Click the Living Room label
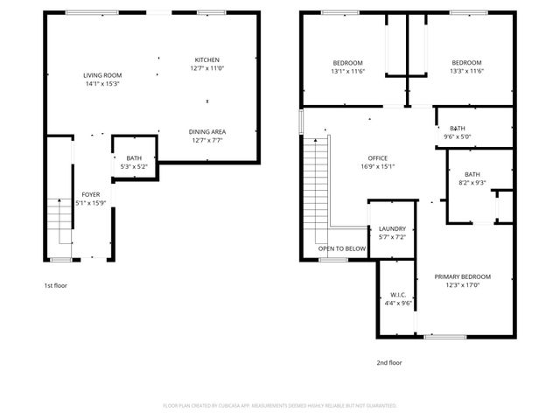[102, 75]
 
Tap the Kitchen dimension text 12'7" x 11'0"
[207, 68]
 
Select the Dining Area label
[207, 132]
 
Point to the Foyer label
[91, 194]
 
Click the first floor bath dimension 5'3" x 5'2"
[134, 166]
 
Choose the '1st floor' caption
[56, 285]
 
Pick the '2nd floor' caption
[389, 362]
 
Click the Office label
[378, 157]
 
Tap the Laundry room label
[392, 228]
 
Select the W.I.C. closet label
[398, 295]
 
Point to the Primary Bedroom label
[463, 276]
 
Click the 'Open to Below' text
[342, 248]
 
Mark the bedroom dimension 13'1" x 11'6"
[348, 71]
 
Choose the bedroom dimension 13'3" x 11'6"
[466, 71]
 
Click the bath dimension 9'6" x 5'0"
[458, 136]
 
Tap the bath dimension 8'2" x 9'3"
[472, 183]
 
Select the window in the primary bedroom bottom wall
[445, 337]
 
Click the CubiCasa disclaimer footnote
[280, 406]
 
